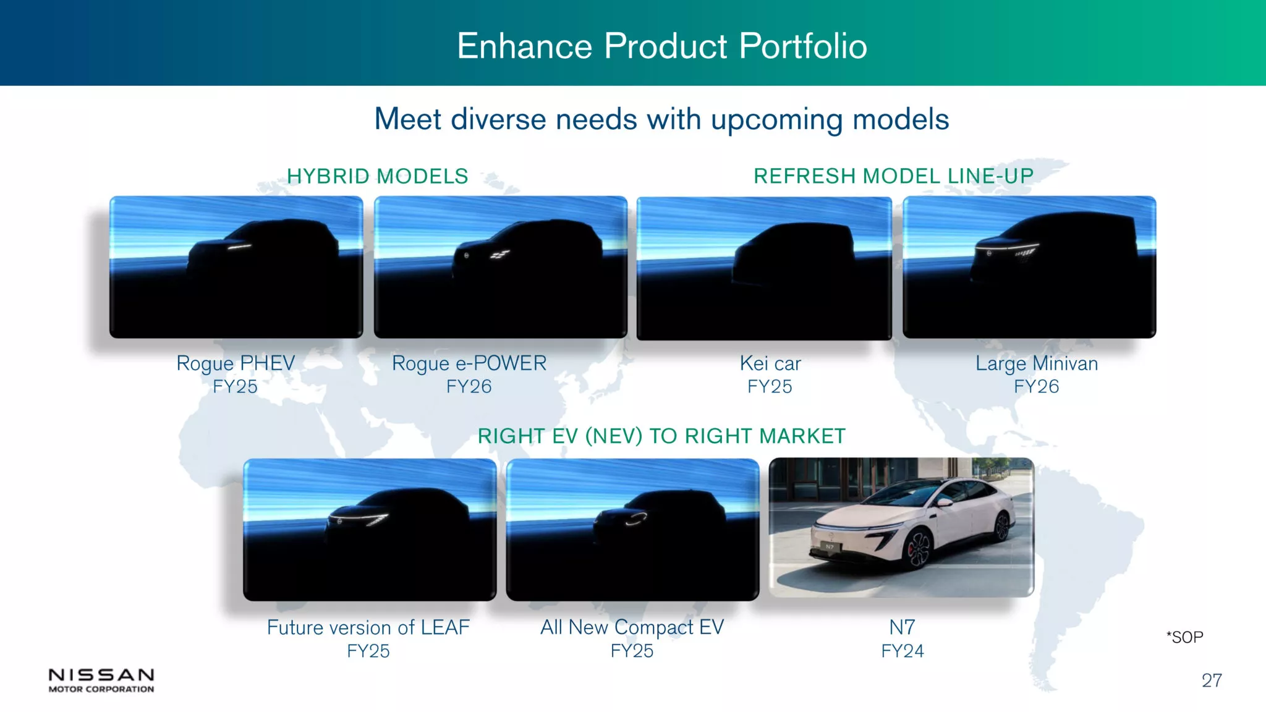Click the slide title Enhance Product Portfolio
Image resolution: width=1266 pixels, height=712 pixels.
pyautogui.click(x=662, y=46)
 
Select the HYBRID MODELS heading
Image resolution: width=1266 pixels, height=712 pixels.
pyautogui.click(x=378, y=176)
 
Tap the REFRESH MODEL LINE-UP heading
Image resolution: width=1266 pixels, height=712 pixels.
pyautogui.click(x=893, y=176)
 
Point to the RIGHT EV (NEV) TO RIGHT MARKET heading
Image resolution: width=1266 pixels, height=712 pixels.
pyautogui.click(x=661, y=436)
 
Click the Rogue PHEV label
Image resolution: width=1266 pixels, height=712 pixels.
pyautogui.click(x=236, y=363)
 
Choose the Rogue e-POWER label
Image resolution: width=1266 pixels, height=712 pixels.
pyautogui.click(x=469, y=363)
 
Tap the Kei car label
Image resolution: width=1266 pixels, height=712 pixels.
pyautogui.click(x=770, y=363)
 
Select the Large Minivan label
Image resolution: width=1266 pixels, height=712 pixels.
pyautogui.click(x=1037, y=363)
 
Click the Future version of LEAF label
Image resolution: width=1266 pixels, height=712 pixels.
pyautogui.click(x=368, y=627)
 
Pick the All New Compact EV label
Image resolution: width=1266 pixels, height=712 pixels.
pyautogui.click(x=632, y=627)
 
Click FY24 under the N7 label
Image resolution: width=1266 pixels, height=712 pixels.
pyautogui.click(x=903, y=651)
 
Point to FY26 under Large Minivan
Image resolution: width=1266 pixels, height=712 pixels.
pyautogui.click(x=1037, y=386)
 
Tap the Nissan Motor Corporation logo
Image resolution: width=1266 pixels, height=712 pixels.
pyautogui.click(x=101, y=680)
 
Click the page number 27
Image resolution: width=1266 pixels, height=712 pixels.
pyautogui.click(x=1212, y=680)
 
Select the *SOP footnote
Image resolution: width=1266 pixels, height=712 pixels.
pyautogui.click(x=1184, y=637)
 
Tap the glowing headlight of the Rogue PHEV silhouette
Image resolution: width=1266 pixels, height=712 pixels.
pyautogui.click(x=240, y=247)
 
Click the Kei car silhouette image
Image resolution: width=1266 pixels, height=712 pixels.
pyautogui.click(x=764, y=268)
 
